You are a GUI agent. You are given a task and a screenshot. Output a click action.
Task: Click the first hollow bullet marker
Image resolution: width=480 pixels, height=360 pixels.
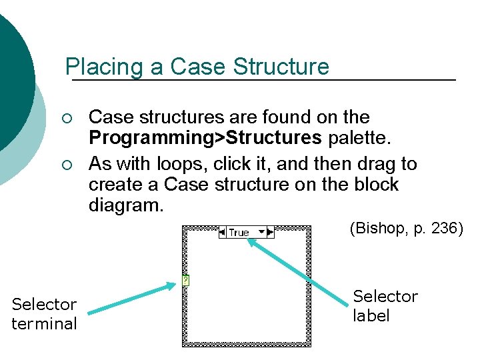click(63, 119)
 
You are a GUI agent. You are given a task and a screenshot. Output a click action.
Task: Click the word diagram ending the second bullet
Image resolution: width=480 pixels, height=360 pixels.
click(125, 205)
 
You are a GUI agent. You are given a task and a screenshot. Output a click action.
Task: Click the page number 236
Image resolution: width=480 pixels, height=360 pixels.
click(443, 229)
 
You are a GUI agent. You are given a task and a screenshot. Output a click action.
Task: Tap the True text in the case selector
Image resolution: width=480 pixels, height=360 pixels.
click(239, 233)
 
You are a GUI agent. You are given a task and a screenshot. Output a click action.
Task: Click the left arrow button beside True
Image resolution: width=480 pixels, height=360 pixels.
click(223, 233)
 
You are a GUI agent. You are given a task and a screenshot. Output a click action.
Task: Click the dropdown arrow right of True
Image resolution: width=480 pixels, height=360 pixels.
click(262, 233)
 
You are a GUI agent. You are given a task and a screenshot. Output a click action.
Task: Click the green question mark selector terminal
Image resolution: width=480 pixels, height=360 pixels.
click(186, 281)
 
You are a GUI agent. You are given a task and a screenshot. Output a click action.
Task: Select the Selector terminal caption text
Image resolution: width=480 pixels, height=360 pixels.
click(45, 314)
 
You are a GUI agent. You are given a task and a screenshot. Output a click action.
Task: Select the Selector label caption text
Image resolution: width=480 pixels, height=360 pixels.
click(385, 305)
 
